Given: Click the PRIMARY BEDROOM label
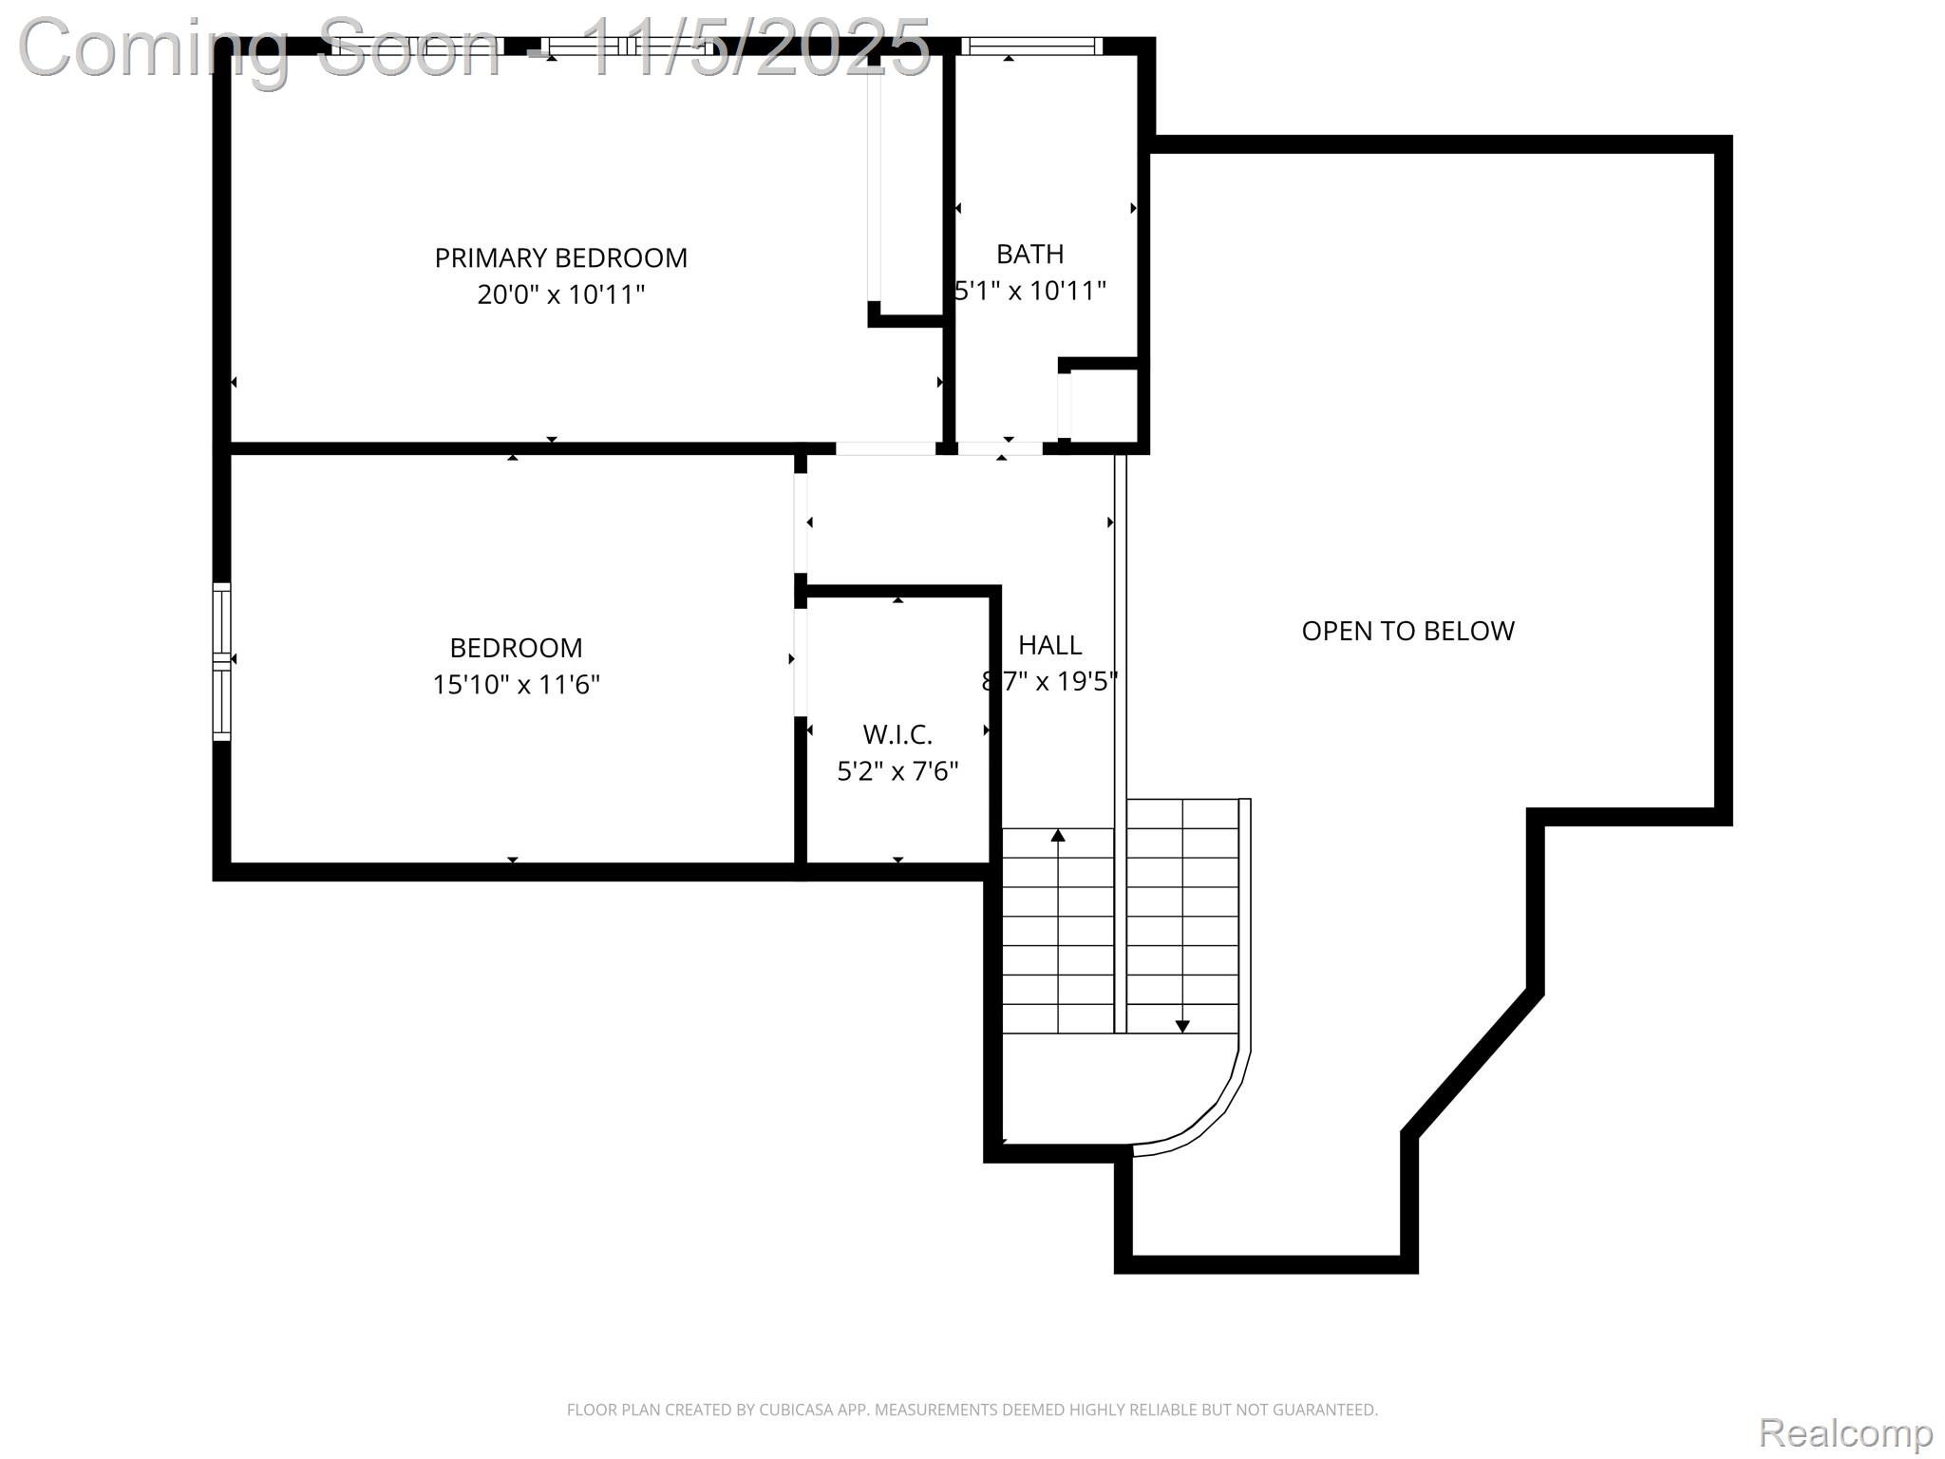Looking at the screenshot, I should [560, 257].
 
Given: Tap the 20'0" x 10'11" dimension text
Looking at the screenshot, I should [560, 294].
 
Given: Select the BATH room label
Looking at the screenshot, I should [1029, 254].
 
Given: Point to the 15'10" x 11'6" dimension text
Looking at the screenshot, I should [516, 684].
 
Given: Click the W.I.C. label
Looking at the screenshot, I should [897, 734].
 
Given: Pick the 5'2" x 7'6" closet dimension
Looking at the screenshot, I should [897, 770].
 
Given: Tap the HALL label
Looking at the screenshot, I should [1049, 645].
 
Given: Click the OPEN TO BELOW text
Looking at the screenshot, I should [1407, 631].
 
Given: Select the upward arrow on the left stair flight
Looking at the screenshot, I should [1058, 836].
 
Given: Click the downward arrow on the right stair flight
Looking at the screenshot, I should [1182, 1026].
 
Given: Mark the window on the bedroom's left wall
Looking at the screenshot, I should [221, 661].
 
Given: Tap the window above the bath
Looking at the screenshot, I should [1031, 46].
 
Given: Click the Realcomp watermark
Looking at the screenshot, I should [1845, 1432].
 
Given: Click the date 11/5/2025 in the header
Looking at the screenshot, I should [755, 47].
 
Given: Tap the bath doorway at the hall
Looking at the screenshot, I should [999, 448].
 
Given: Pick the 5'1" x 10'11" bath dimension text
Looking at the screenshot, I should [1031, 291].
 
